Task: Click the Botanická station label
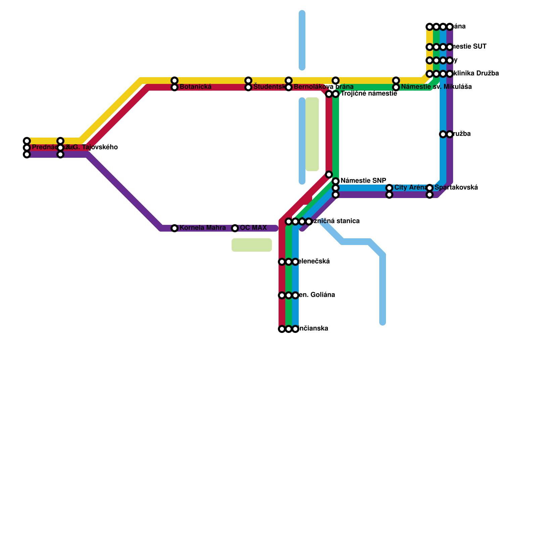click(x=195, y=87)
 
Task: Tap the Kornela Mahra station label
click(x=202, y=228)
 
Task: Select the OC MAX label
click(x=253, y=228)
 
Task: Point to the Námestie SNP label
click(x=363, y=180)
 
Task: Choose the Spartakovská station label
click(x=456, y=188)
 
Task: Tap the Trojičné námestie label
click(x=369, y=94)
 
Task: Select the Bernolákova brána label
click(x=323, y=87)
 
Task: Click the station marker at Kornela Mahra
click(x=175, y=228)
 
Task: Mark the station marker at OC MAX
click(x=235, y=228)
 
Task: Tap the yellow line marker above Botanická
click(x=175, y=81)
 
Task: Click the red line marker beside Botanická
click(x=175, y=87)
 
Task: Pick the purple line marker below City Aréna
click(x=389, y=195)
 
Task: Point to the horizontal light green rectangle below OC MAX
click(x=252, y=245)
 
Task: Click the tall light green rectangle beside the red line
click(x=312, y=134)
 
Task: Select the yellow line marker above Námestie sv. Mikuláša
click(x=396, y=81)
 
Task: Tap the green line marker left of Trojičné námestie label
click(x=336, y=94)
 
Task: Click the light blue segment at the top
click(x=302, y=40)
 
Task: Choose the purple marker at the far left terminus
click(x=27, y=154)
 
